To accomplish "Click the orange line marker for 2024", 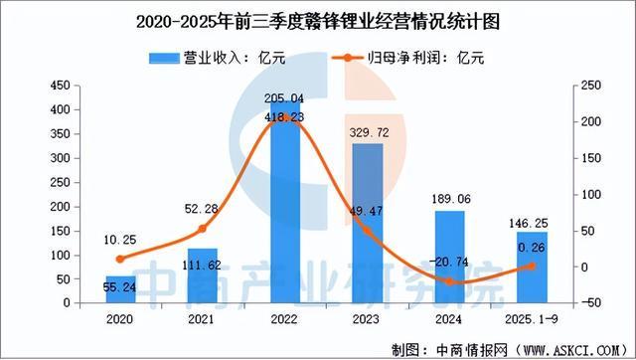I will [x=449, y=281].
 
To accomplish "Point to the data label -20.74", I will [x=448, y=261].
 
